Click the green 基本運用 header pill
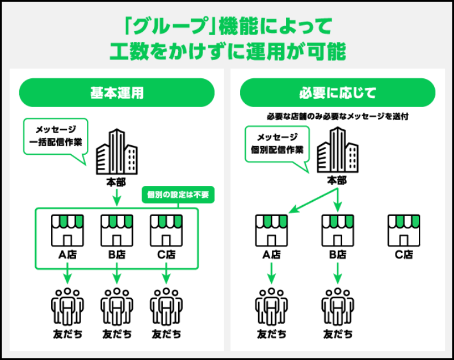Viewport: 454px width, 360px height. click(x=117, y=93)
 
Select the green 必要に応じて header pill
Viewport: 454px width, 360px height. click(x=338, y=93)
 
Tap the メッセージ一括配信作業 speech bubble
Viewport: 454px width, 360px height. click(x=56, y=136)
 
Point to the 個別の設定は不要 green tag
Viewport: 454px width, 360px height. click(x=178, y=195)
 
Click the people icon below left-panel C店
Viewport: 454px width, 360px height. click(x=166, y=306)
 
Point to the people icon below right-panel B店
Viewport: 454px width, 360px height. click(x=338, y=306)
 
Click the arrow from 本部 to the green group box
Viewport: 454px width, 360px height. click(x=116, y=198)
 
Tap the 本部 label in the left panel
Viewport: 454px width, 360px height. click(x=116, y=183)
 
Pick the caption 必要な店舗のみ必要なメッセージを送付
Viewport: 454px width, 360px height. click(x=338, y=116)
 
